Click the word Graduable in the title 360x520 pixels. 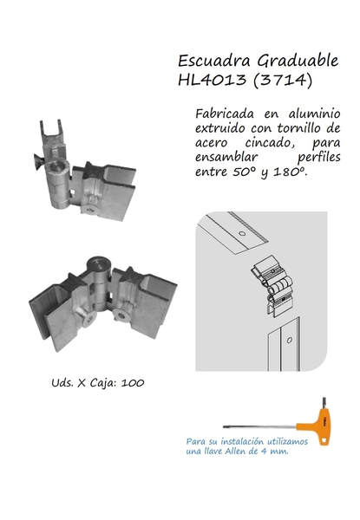(298, 61)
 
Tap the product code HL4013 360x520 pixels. (213, 80)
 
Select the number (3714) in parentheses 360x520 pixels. (283, 81)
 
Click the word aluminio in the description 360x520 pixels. (314, 114)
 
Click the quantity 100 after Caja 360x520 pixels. (133, 383)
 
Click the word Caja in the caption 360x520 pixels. (102, 383)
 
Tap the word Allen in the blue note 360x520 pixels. (236, 452)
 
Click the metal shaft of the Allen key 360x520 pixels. (259, 426)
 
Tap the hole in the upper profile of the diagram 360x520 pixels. (242, 233)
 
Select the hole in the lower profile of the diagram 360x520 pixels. (290, 341)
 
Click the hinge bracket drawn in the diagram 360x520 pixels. (272, 286)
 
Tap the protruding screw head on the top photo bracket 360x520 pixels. (38, 162)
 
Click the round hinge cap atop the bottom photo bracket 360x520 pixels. (99, 264)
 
